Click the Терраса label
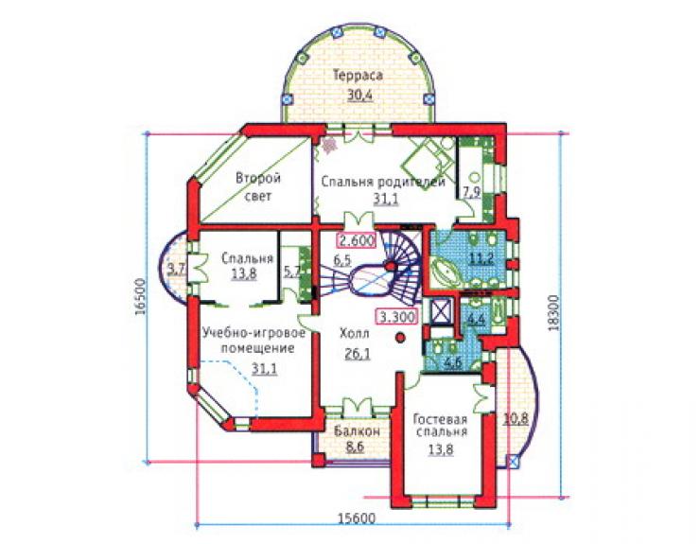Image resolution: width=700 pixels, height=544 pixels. tap(358, 75)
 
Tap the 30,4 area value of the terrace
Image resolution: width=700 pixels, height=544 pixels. tap(359, 96)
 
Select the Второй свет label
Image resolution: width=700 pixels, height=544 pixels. tap(258, 187)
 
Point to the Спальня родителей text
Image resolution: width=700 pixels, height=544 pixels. tap(383, 183)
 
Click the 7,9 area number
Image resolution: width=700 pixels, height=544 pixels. tap(471, 193)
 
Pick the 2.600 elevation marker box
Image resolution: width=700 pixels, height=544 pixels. tap(356, 240)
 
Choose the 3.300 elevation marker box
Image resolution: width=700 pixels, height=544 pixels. tap(397, 317)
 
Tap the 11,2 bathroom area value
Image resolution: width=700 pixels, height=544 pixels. tap(481, 257)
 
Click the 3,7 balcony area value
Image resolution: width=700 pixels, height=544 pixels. tap(176, 269)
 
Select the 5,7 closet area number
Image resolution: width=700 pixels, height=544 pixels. tap(292, 272)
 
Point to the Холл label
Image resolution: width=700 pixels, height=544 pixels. tap(355, 334)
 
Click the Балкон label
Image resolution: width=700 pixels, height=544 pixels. tap(357, 431)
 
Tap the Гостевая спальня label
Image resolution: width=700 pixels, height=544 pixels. tap(441, 426)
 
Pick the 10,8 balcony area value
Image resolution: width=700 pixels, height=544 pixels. tap(516, 418)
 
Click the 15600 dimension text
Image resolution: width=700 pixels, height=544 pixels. tap(357, 518)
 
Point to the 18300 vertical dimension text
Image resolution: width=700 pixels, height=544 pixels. tap(552, 312)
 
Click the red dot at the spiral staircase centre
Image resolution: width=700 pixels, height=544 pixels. tap(391, 267)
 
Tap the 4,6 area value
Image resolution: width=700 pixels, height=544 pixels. tap(453, 361)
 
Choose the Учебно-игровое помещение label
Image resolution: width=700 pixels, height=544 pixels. tap(254, 341)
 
